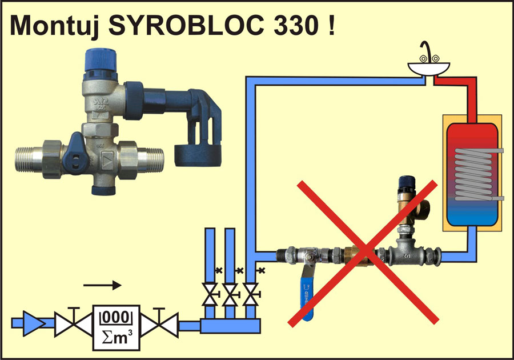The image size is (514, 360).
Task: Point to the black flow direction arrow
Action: click(x=102, y=285)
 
